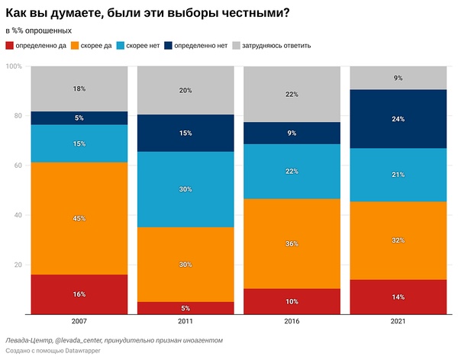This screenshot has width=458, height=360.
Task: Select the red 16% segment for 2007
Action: [79, 294]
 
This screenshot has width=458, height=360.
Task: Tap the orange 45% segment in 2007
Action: [79, 219]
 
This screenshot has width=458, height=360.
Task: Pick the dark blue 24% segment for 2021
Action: [398, 119]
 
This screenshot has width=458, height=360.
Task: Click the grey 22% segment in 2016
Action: [292, 94]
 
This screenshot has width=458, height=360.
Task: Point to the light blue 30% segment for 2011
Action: [185, 190]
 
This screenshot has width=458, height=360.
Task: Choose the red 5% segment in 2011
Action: [185, 308]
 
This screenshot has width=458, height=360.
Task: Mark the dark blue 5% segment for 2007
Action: [79, 117]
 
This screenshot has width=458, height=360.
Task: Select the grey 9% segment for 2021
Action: [398, 78]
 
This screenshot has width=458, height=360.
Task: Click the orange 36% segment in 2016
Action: [292, 244]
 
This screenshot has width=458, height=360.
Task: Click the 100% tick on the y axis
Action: [14, 66]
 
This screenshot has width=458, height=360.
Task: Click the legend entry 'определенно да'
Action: [43, 46]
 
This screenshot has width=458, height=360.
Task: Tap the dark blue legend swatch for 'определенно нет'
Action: [168, 46]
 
